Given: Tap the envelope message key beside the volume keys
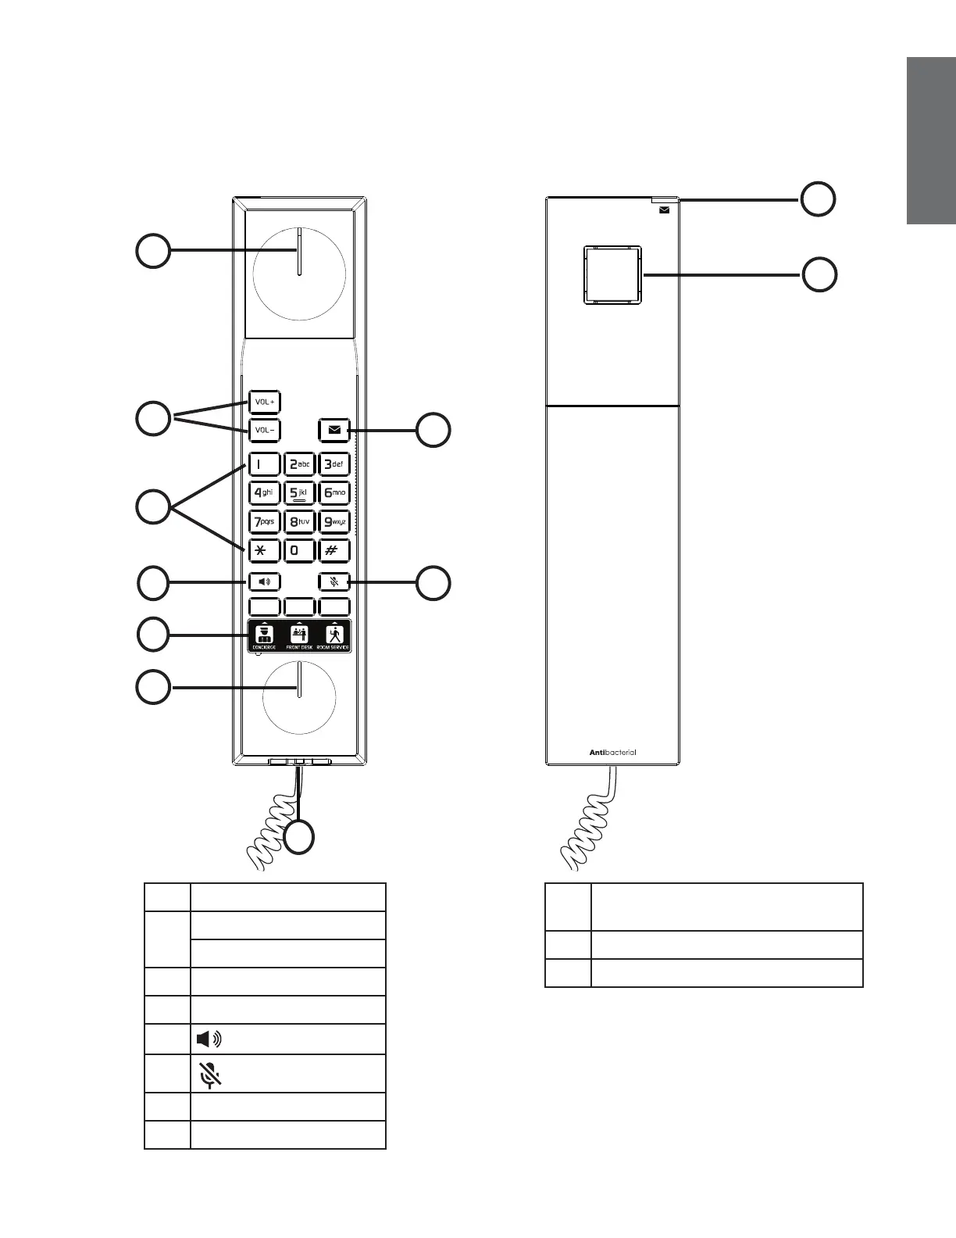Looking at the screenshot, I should point(334,430).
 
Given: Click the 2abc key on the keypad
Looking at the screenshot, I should point(299,464).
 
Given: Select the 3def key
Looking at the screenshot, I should point(334,464).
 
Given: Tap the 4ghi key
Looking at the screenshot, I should point(264,493).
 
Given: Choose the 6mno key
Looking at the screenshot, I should point(334,493).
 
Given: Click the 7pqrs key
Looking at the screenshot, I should point(264,521).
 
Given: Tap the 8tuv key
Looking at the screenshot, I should point(299,521).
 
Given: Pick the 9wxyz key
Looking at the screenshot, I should point(334,521).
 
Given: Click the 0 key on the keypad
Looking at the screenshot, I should point(299,550).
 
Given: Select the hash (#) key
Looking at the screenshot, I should point(334,550).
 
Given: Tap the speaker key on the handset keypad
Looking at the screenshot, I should point(264,581).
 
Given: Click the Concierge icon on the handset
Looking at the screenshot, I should point(264,635).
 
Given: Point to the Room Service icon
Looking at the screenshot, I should point(334,635).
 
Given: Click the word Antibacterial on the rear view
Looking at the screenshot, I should point(612,753).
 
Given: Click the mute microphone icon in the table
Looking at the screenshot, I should point(209,1075).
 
